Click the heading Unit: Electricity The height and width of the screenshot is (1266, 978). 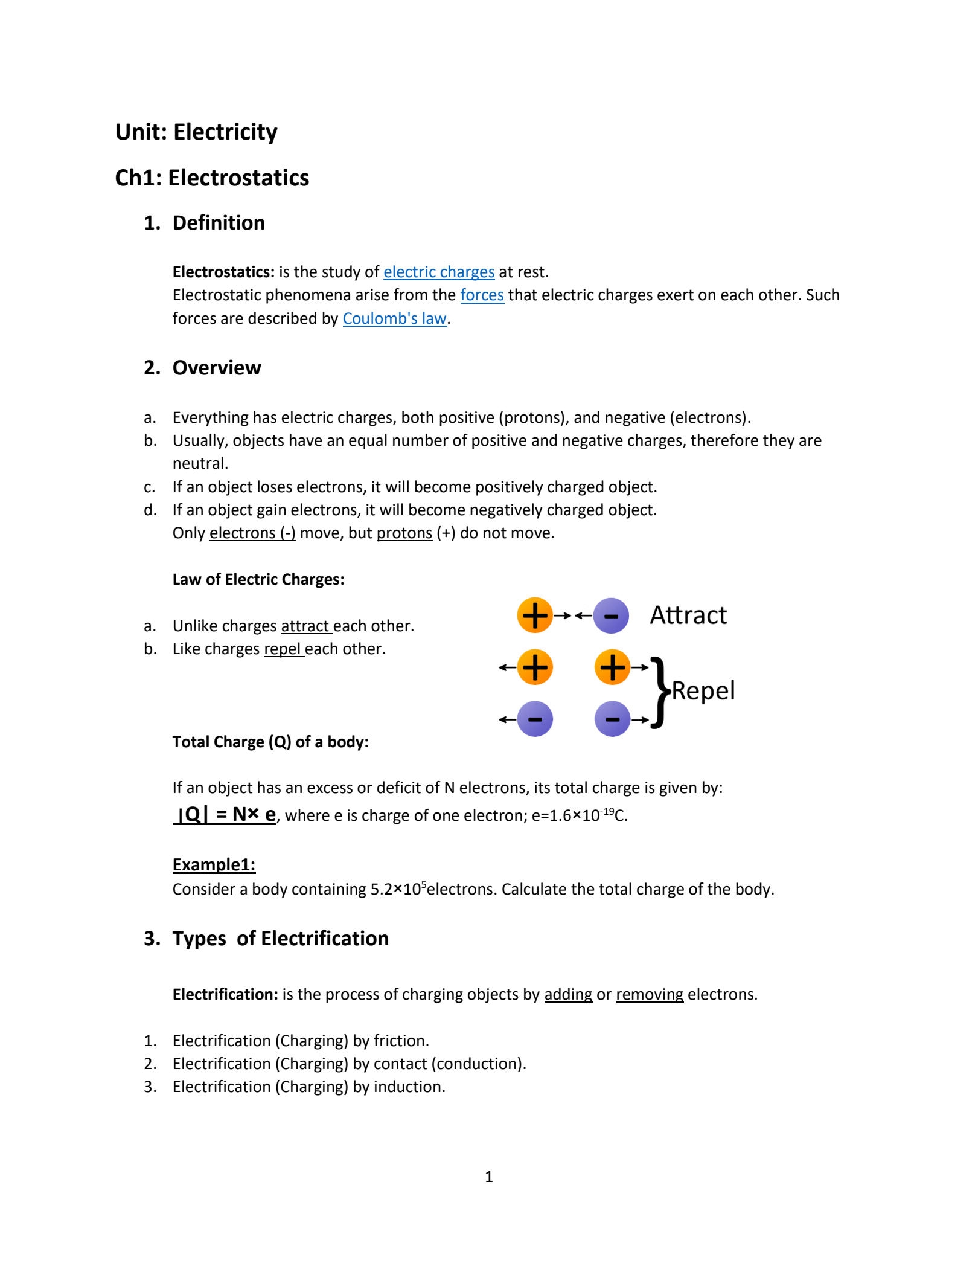point(196,132)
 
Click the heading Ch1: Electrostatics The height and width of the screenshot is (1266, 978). point(212,178)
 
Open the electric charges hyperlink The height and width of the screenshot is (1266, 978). point(439,272)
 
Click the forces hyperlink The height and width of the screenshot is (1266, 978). point(482,295)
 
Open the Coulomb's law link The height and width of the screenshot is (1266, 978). point(394,318)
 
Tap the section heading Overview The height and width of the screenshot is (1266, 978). point(216,367)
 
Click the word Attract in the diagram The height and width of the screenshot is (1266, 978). point(688,615)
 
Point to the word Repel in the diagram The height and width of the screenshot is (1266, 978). point(703,690)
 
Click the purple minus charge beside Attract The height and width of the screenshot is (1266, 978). point(611,615)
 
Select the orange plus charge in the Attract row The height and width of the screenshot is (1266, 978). point(535,615)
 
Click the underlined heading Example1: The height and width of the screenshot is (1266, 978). point(214,865)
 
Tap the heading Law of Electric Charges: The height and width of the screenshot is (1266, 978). point(258,579)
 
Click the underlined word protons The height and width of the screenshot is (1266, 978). point(404,533)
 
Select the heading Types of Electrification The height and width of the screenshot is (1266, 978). point(280,938)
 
